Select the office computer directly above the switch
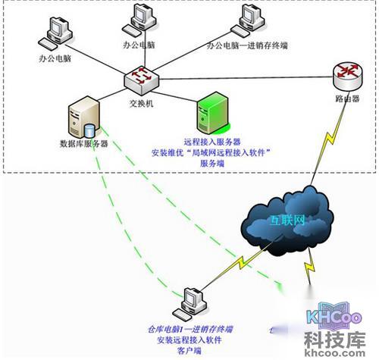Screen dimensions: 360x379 (139, 20)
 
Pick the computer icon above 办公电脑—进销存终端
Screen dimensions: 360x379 (247, 20)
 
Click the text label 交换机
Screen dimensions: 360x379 (141, 104)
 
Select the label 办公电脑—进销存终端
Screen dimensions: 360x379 (247, 45)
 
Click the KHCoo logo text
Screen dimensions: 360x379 (333, 319)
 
